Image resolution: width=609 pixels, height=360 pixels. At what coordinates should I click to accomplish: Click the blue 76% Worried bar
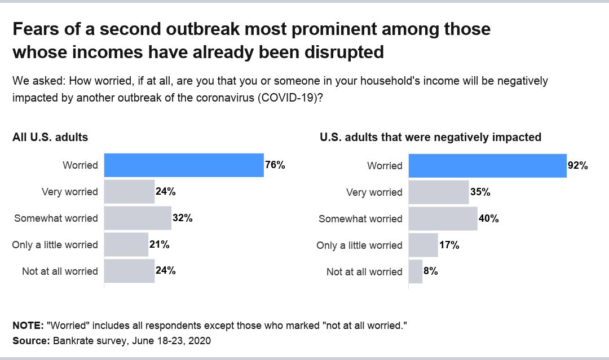click(184, 165)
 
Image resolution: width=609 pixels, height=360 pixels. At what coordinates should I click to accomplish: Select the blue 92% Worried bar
click(487, 165)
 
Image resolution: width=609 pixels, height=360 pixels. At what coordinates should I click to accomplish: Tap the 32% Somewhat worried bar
click(138, 218)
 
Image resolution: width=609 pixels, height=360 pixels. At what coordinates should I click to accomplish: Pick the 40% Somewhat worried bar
click(443, 219)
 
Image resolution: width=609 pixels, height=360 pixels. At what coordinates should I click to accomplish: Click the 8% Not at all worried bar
click(416, 271)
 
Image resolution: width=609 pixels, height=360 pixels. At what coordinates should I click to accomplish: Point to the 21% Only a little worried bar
click(126, 245)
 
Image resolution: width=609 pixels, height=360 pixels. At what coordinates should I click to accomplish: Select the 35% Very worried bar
click(438, 192)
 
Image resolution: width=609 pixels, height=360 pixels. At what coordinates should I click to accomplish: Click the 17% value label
click(449, 245)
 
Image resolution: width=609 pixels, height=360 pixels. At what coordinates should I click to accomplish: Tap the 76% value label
click(275, 165)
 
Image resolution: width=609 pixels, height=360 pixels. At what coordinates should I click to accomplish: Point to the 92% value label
click(578, 165)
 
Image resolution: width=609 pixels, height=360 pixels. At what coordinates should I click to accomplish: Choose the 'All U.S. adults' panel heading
click(50, 137)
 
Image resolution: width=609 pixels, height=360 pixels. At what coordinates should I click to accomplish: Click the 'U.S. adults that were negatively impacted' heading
click(430, 137)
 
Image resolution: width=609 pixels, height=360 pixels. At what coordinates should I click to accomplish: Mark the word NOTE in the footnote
click(28, 326)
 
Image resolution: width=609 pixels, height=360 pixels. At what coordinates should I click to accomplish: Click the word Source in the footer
click(30, 341)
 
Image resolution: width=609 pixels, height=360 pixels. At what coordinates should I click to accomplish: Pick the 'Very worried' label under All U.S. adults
click(70, 192)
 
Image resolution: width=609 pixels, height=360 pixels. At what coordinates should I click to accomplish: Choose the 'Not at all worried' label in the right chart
click(364, 272)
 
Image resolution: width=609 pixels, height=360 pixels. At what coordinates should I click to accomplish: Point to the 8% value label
click(431, 271)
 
